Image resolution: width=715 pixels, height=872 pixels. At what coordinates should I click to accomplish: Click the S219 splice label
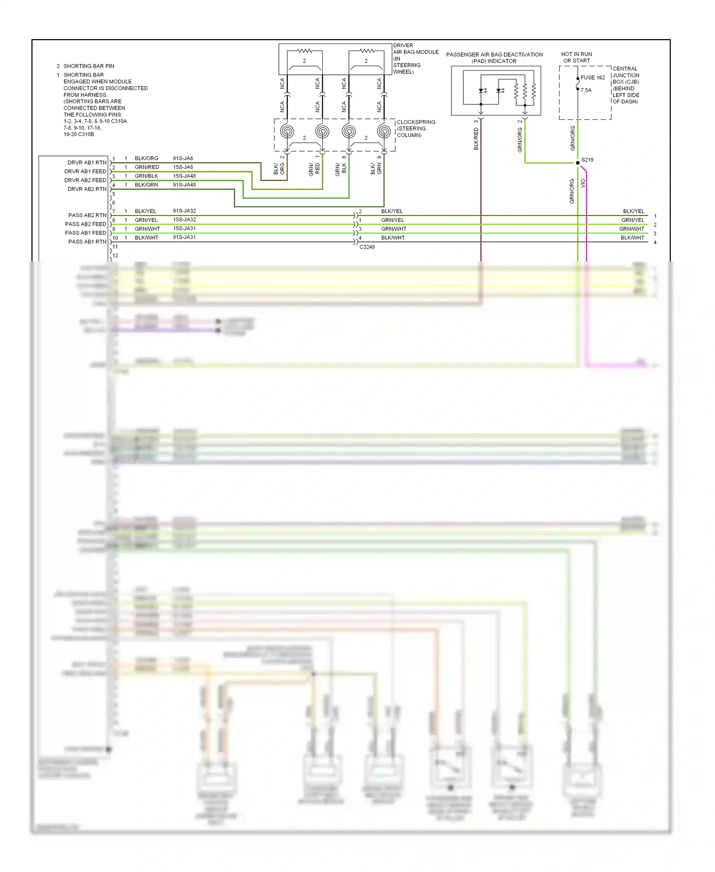pos(587,160)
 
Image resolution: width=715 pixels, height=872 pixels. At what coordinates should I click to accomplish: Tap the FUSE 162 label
pos(592,78)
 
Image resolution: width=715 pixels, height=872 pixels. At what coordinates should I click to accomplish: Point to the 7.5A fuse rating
pos(586,90)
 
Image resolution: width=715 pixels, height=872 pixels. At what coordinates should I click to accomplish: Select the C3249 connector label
pos(367,247)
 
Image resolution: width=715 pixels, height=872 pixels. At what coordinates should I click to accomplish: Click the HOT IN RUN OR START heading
pos(576,57)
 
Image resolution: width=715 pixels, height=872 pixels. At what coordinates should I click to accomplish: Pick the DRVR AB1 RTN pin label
pos(87,163)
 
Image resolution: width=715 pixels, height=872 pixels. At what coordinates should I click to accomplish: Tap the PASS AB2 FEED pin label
pos(85,224)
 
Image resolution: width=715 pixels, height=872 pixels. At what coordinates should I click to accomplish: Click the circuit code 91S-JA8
pos(183,158)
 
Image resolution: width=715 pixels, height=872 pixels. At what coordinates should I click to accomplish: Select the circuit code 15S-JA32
pos(184,220)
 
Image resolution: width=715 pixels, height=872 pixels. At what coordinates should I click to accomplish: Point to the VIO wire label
pos(582,183)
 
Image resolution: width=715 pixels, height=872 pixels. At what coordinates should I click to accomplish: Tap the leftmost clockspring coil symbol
pos(287,131)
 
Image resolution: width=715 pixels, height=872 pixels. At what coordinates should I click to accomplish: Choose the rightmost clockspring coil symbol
pos(384,131)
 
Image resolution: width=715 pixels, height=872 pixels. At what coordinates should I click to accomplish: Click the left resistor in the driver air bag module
pos(304,51)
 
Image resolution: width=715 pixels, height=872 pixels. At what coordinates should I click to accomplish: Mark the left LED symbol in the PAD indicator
pos(482,91)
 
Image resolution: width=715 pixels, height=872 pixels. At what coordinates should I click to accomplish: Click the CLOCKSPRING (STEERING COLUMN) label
pos(416,129)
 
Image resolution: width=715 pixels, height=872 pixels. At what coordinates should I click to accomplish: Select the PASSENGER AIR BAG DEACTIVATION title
pos(494,55)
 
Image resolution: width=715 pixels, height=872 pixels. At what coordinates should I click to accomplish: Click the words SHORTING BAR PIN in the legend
pos(89,66)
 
